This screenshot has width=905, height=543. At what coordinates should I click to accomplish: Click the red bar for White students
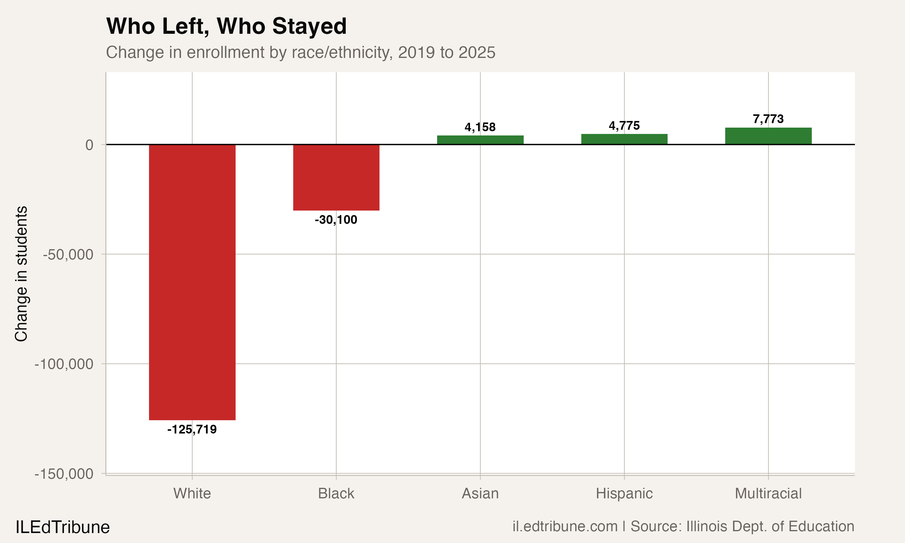pyautogui.click(x=192, y=282)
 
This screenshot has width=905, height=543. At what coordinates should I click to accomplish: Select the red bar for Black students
pyautogui.click(x=336, y=177)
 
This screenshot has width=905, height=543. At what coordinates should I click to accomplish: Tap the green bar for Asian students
pyautogui.click(x=480, y=140)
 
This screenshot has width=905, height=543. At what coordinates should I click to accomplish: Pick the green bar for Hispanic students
pyautogui.click(x=624, y=139)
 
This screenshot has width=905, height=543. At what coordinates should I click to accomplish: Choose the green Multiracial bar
pyautogui.click(x=768, y=136)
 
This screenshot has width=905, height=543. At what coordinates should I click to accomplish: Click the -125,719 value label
pyautogui.click(x=192, y=429)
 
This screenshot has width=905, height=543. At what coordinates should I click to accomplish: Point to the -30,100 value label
pyautogui.click(x=336, y=220)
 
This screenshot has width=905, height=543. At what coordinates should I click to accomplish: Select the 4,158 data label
pyautogui.click(x=480, y=127)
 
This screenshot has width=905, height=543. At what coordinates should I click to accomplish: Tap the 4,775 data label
pyautogui.click(x=624, y=125)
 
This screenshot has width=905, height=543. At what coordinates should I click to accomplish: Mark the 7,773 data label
pyautogui.click(x=768, y=119)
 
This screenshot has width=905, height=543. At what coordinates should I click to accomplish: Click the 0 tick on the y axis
pyautogui.click(x=89, y=145)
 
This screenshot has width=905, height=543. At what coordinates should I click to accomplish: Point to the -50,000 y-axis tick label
pyautogui.click(x=68, y=254)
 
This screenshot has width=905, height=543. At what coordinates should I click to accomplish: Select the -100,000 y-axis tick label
pyautogui.click(x=64, y=364)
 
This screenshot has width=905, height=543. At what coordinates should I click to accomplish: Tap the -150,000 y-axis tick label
pyautogui.click(x=64, y=474)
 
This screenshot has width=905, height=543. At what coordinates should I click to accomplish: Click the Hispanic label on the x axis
pyautogui.click(x=624, y=494)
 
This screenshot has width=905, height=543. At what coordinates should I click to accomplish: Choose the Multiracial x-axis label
pyautogui.click(x=768, y=494)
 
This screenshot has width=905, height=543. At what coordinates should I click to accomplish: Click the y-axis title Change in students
pyautogui.click(x=21, y=274)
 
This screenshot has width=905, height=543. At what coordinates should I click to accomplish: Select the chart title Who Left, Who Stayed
pyautogui.click(x=226, y=26)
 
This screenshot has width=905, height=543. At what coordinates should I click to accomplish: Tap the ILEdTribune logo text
pyautogui.click(x=62, y=527)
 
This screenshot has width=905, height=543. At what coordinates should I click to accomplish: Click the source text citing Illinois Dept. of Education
pyautogui.click(x=683, y=526)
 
